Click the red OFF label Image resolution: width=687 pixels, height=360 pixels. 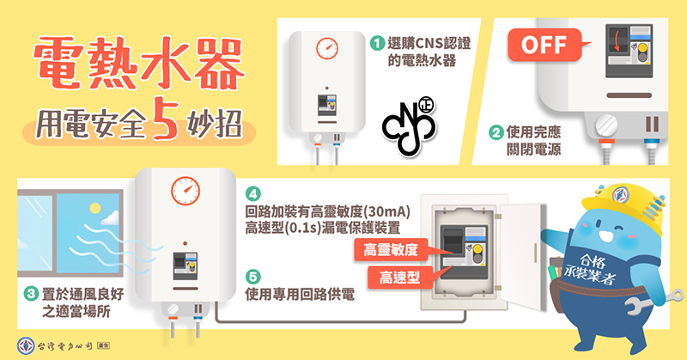coord(544,45)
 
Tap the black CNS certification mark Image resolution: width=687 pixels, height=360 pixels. coord(410,126)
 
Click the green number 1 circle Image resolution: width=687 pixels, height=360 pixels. coord(377,43)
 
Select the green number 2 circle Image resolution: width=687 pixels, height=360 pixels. coord(496,132)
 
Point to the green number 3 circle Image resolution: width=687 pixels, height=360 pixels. coord(30,293)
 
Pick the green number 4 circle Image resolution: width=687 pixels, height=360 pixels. coord(252,193)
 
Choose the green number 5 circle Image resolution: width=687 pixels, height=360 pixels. coord(252,277)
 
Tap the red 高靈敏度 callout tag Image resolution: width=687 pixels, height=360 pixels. coord(392,250)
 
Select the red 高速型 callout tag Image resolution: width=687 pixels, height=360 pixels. coord(399,278)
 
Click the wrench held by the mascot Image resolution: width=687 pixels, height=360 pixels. coord(654,302)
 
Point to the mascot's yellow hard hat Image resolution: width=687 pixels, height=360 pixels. coord(623,204)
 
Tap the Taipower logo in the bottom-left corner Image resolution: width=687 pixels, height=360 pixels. coord(26,345)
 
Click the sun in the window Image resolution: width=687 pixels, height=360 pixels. coord(94,208)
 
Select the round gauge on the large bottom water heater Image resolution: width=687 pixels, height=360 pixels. coord(185,192)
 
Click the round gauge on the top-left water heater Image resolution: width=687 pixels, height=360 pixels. coord(327,48)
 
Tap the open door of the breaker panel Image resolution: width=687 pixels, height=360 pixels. coord(522,255)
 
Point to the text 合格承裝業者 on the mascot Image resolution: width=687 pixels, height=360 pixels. coord(591,269)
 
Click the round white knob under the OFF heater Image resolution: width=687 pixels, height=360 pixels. coord(606,125)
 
